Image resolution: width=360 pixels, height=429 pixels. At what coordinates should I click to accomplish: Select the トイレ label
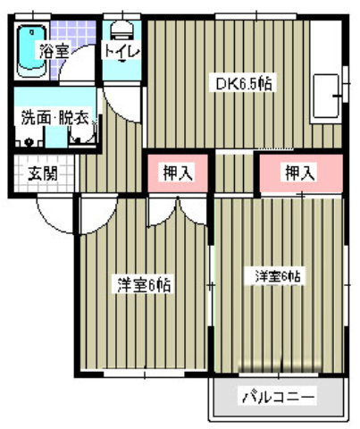click(121, 51)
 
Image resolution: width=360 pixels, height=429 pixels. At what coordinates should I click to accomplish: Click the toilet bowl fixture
click(121, 29)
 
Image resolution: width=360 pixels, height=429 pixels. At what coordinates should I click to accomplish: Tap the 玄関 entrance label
click(41, 173)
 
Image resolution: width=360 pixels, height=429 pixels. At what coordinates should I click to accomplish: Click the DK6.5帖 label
click(241, 83)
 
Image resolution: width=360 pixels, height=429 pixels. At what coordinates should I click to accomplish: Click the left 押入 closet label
click(178, 172)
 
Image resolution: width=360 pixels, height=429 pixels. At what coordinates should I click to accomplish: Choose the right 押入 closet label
click(299, 173)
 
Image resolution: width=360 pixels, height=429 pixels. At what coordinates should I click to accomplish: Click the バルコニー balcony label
click(277, 396)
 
